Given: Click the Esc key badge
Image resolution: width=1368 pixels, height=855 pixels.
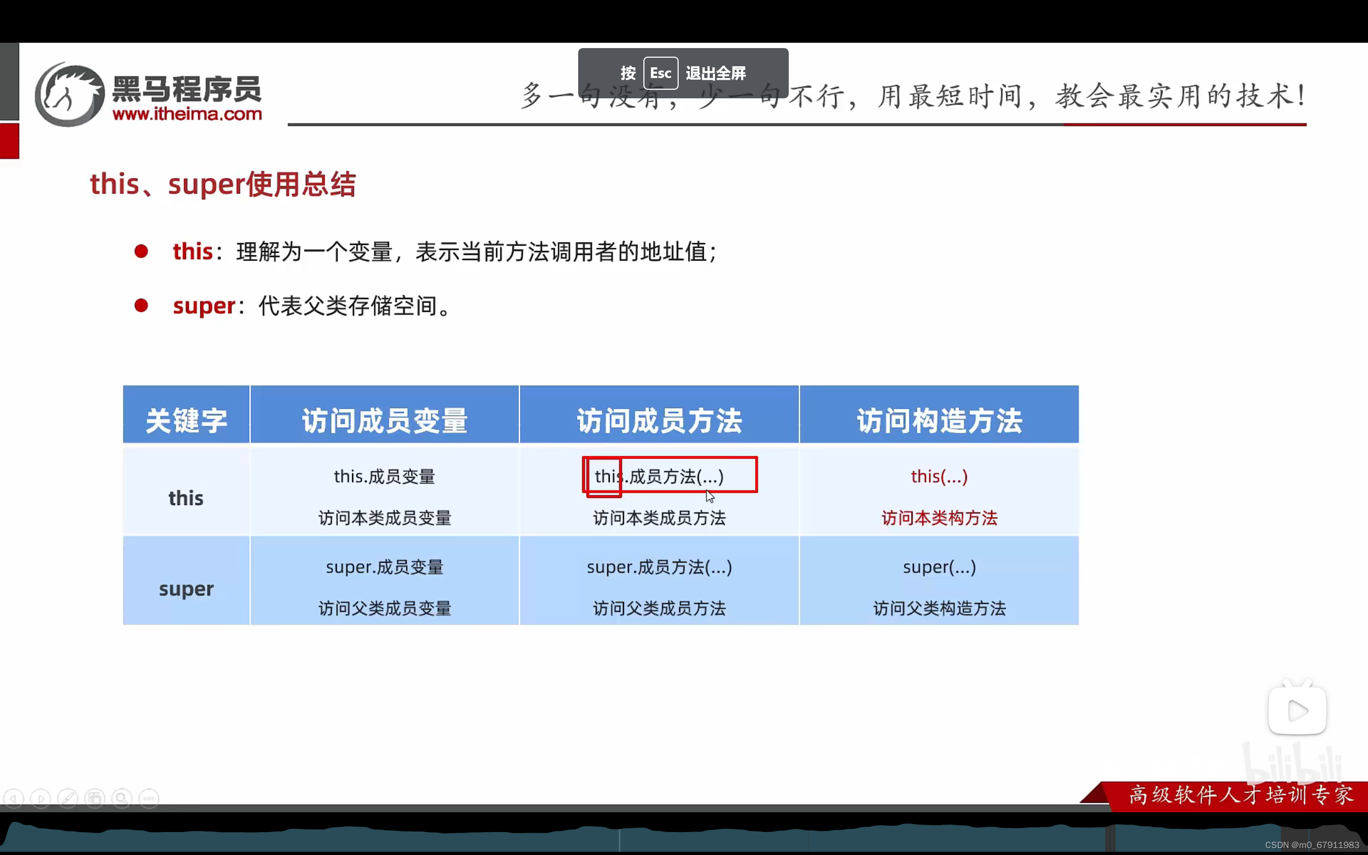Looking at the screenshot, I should [x=660, y=73].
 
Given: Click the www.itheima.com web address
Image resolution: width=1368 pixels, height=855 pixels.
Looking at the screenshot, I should [x=187, y=114].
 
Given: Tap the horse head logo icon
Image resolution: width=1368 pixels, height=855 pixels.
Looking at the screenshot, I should [x=69, y=95].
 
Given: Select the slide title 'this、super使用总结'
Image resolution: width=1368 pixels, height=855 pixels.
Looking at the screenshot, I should [x=223, y=184].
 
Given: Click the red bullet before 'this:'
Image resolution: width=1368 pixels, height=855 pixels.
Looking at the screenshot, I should [x=141, y=251].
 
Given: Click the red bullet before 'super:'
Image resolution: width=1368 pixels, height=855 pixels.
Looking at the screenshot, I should [x=141, y=306].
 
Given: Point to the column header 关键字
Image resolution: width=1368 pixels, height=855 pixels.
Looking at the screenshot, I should [x=186, y=421].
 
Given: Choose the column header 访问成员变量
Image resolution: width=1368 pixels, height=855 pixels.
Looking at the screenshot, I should [x=384, y=421].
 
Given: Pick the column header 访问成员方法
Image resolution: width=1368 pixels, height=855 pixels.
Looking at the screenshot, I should [x=659, y=421].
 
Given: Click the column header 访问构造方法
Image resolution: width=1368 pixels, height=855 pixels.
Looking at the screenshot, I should [x=939, y=421].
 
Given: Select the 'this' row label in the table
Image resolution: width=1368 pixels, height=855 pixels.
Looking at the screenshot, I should [x=186, y=498].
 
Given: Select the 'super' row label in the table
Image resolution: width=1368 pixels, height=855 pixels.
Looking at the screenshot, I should [x=186, y=589].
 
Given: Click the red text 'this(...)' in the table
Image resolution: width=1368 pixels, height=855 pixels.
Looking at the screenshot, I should [x=939, y=477].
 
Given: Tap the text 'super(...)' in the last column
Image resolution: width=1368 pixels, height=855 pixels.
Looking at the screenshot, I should [x=939, y=567].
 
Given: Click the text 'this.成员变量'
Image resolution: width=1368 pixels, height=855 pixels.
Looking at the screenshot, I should [x=384, y=477].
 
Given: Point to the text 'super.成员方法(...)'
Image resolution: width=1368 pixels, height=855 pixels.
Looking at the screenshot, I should [x=659, y=567].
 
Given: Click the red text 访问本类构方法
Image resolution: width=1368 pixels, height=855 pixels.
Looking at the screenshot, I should [x=939, y=518].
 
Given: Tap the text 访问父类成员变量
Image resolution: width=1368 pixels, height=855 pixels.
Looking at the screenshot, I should [x=384, y=609].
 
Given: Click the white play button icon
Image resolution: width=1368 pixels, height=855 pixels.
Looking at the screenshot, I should [x=1297, y=711].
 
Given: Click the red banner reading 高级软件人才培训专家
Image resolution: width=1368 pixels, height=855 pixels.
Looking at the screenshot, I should [x=1240, y=795].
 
